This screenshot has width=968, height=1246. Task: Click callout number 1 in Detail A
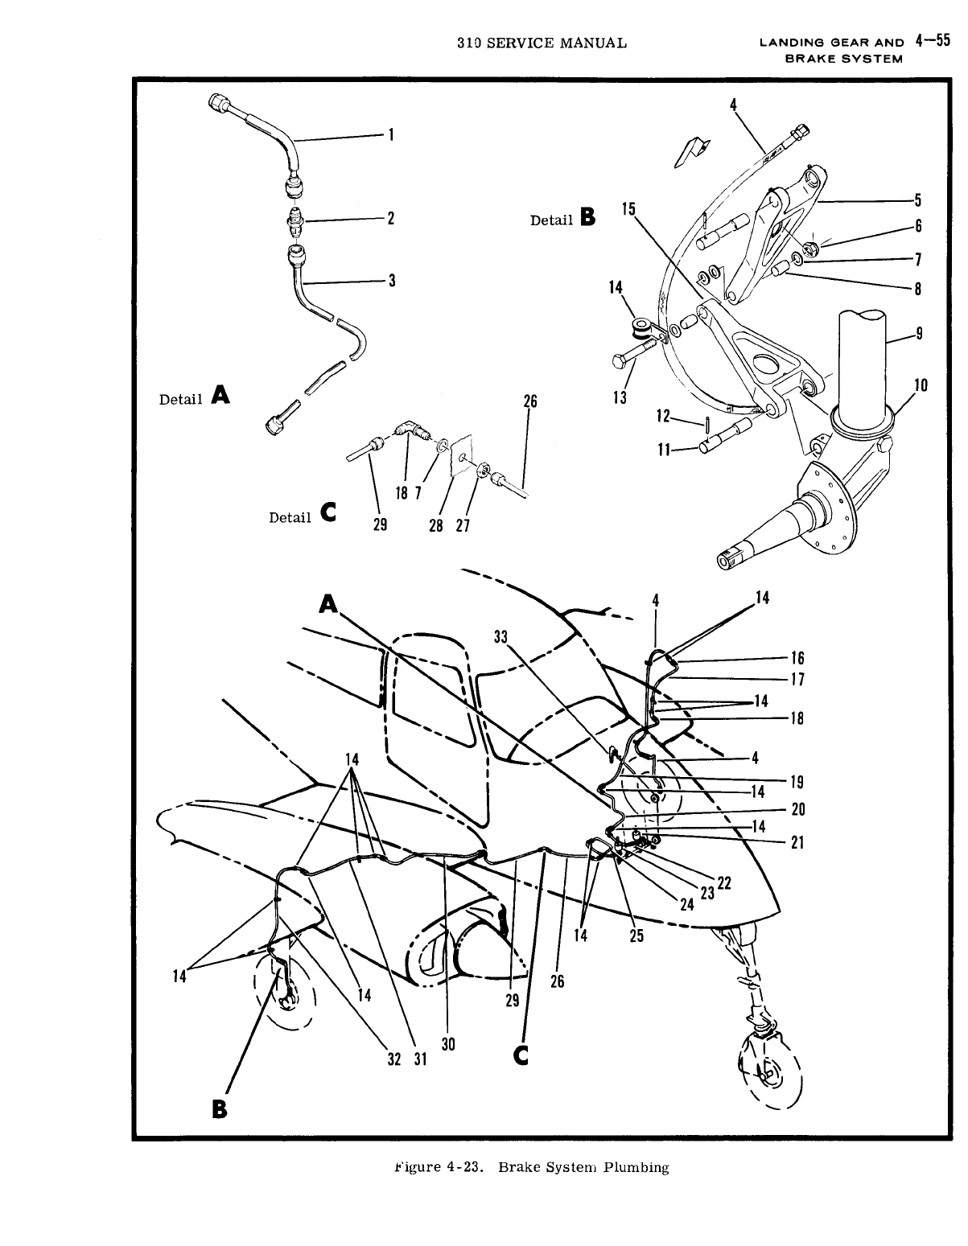[390, 135]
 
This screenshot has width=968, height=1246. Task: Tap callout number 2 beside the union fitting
[390, 218]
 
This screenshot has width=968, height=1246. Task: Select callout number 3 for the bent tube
[391, 280]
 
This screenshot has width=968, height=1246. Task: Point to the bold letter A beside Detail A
[219, 394]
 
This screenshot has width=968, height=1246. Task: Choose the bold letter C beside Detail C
[328, 512]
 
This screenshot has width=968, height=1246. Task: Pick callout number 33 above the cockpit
[501, 636]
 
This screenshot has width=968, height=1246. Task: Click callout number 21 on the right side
[797, 842]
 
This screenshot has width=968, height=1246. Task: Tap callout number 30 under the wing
[448, 1043]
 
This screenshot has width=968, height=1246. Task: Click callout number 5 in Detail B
[918, 200]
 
